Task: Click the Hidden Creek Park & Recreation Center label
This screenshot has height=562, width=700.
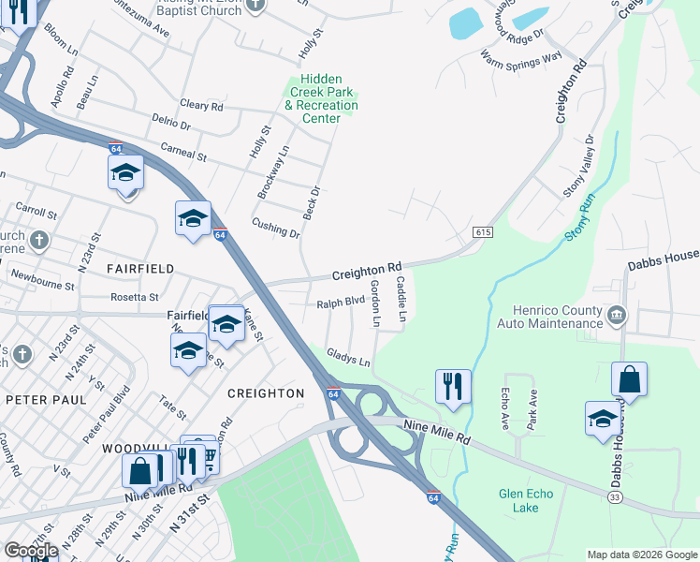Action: tap(321, 99)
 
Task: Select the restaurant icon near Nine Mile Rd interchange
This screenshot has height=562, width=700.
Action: tap(453, 386)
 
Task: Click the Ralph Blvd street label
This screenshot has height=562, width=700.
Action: tap(340, 303)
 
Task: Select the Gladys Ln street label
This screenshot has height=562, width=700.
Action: tap(348, 357)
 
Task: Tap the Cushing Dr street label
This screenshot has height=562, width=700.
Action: tap(275, 228)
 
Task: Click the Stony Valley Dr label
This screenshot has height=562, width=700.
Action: tap(578, 166)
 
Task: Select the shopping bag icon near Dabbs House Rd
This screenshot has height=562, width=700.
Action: tap(630, 380)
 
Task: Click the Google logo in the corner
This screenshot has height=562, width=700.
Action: tap(30, 551)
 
